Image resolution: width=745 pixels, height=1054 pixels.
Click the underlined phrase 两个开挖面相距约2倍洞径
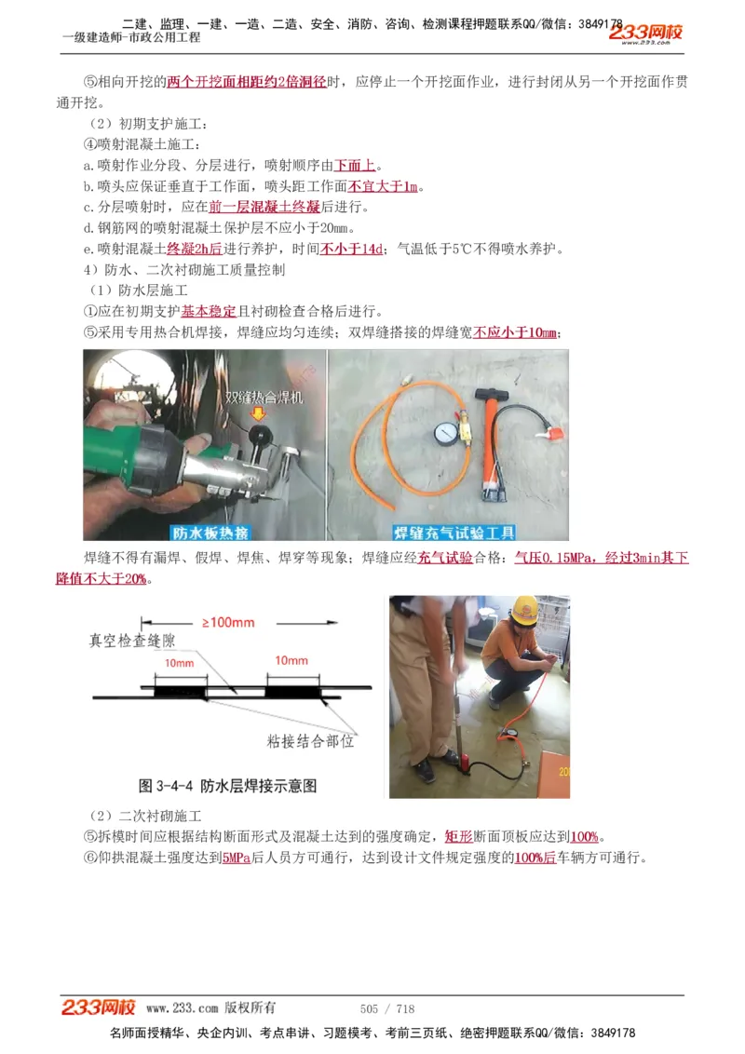pyautogui.click(x=247, y=82)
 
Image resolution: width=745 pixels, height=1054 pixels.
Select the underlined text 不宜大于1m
pyautogui.click(x=383, y=186)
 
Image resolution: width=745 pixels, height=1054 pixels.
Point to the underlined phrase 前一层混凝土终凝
pyautogui.click(x=264, y=207)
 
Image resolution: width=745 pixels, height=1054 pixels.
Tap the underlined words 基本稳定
pyautogui.click(x=209, y=311)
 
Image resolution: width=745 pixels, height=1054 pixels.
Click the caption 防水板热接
pyautogui.click(x=210, y=533)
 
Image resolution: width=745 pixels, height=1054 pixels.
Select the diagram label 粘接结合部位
pyautogui.click(x=310, y=741)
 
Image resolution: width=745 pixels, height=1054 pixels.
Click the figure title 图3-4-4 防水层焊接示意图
pyautogui.click(x=227, y=785)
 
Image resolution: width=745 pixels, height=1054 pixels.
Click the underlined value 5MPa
pyautogui.click(x=237, y=858)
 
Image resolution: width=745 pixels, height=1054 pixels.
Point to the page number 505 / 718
pyautogui.click(x=386, y=1008)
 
